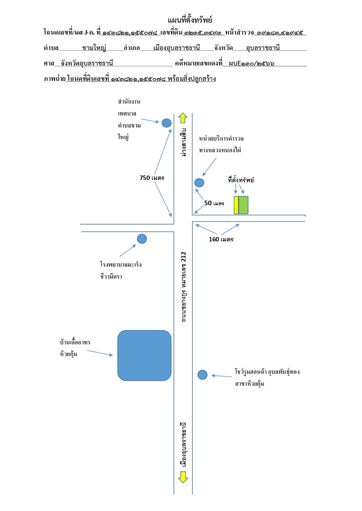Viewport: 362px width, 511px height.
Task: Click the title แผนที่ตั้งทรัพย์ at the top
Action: pos(190,20)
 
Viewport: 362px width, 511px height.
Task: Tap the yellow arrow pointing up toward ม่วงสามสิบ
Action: pos(183,118)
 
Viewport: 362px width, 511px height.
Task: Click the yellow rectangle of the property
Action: pos(236,205)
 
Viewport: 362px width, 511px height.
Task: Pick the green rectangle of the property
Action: pos(244,205)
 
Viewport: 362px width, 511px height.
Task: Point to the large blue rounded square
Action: pos(144,356)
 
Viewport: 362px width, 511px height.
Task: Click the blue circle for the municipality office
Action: pos(167,123)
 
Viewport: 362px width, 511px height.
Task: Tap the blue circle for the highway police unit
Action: pos(199,183)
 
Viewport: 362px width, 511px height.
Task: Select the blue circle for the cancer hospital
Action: pos(142,239)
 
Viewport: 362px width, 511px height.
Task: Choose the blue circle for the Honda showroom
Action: pos(202,375)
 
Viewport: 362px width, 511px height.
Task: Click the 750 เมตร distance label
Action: pos(152,178)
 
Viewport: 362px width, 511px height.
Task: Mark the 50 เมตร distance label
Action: pos(214,203)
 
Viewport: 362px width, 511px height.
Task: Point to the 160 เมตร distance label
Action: pos(221,239)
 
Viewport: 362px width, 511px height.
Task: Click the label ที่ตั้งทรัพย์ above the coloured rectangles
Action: pos(241,180)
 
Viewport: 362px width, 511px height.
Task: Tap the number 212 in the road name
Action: pos(183,257)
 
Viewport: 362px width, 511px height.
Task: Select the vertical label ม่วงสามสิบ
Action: pos(183,142)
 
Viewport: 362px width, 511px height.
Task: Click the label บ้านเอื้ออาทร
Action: pos(75,342)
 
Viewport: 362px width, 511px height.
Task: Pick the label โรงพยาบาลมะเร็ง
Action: pos(121,264)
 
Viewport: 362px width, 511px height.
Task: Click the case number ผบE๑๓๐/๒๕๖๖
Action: pos(251,63)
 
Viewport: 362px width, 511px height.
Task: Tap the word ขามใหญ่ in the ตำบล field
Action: pos(94,48)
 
